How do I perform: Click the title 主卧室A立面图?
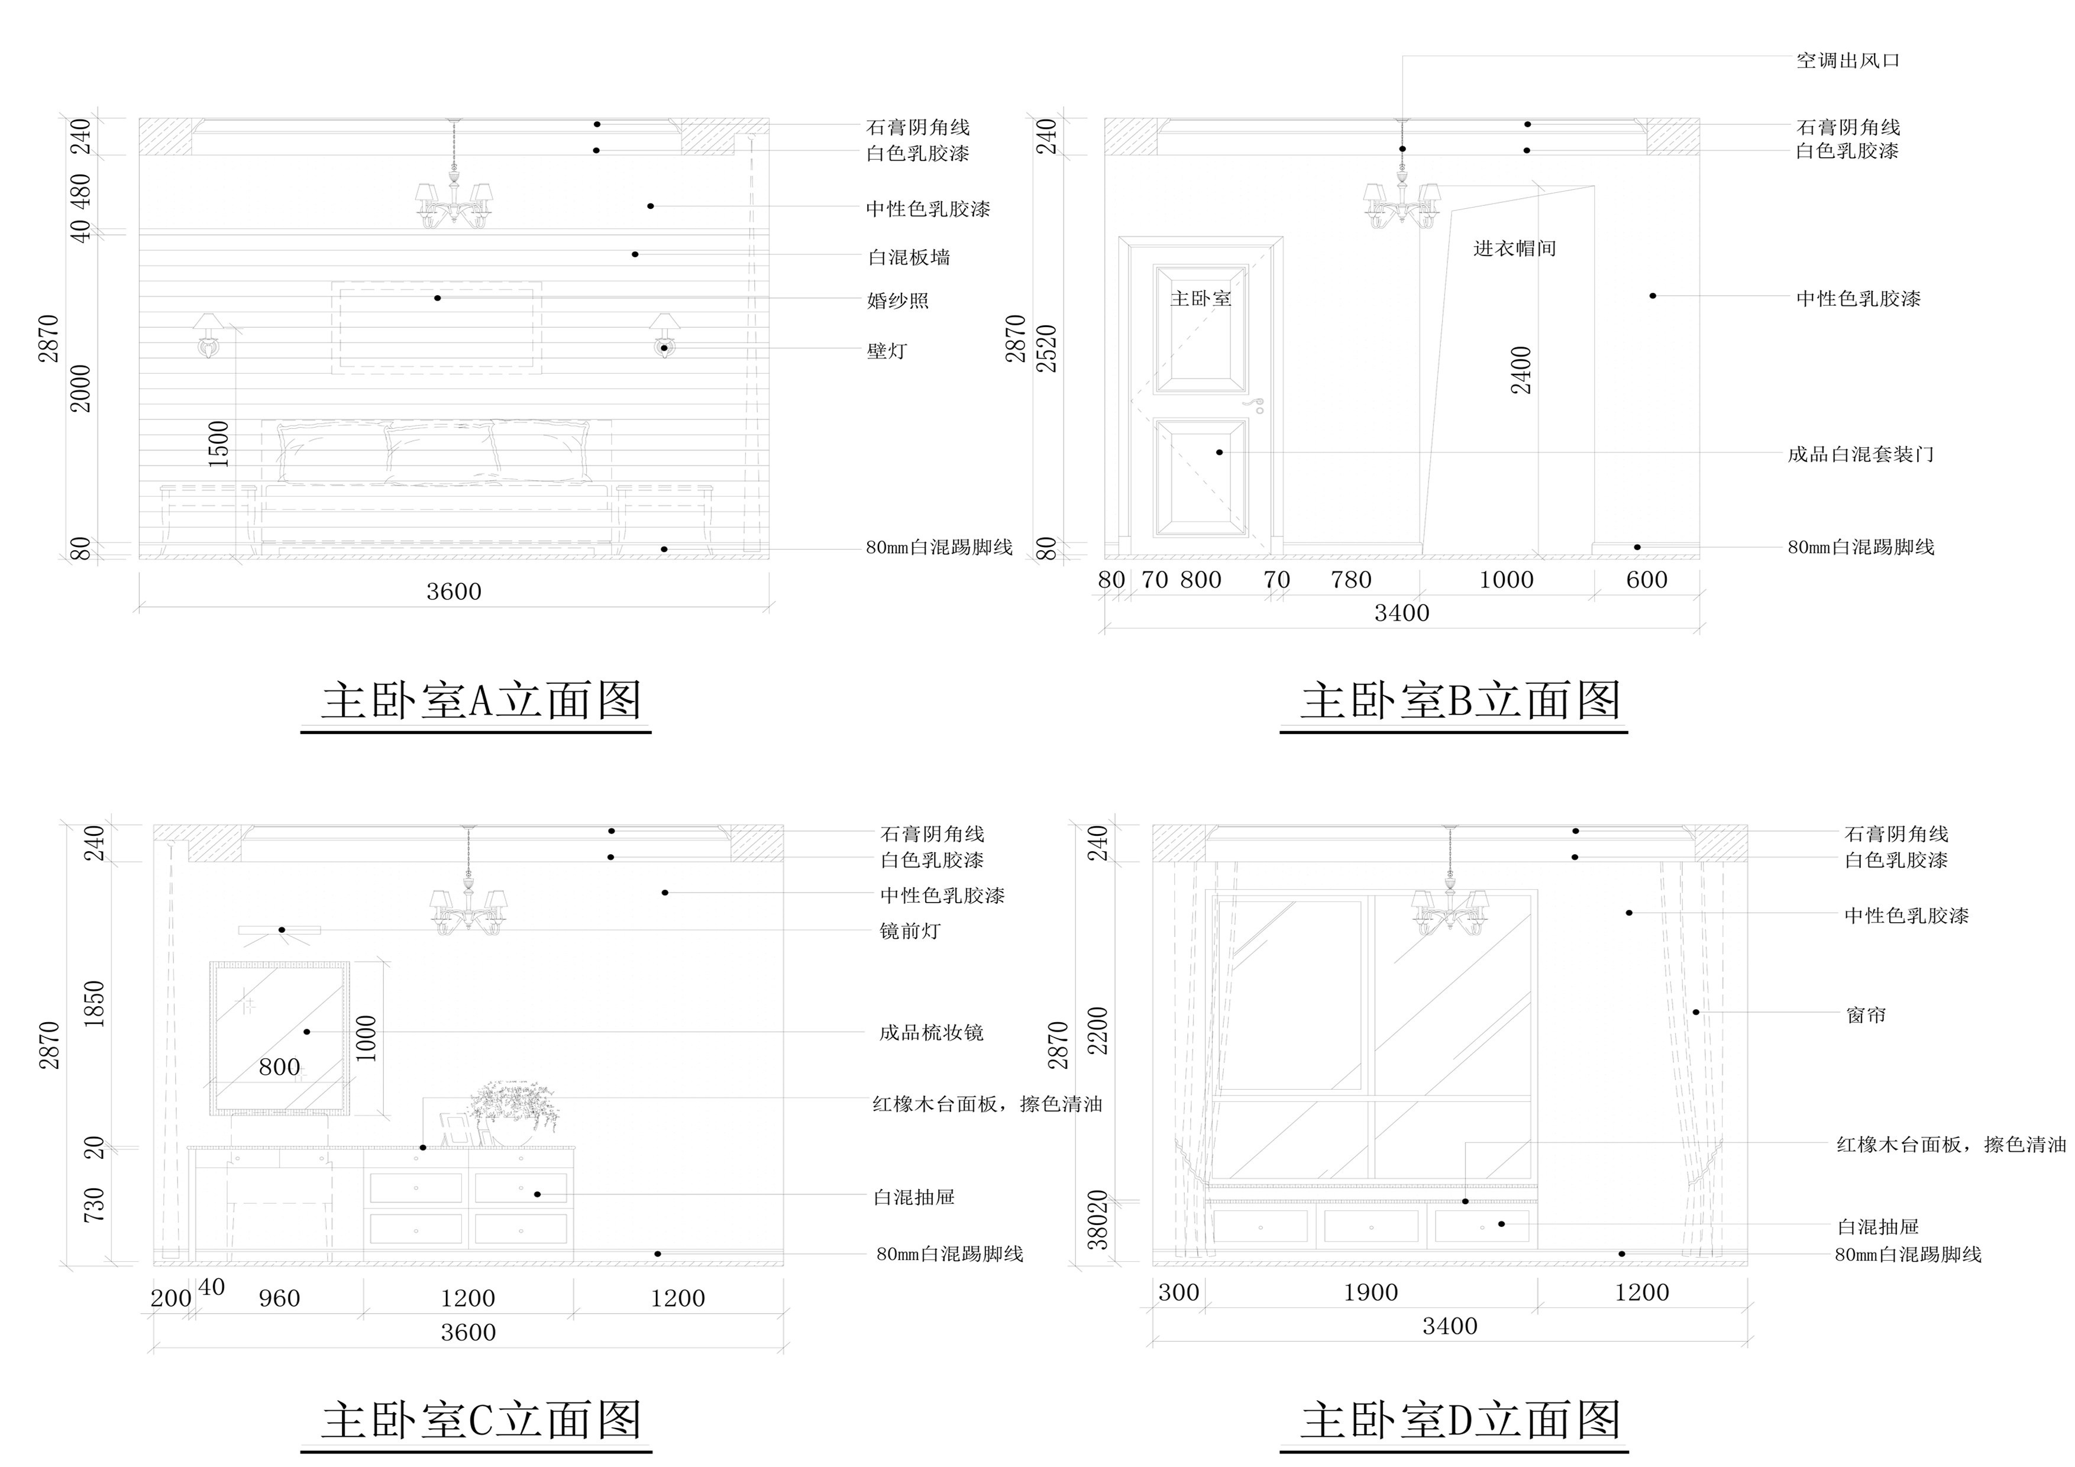coord(481,702)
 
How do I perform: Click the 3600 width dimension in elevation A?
coord(454,592)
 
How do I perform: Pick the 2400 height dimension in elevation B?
coord(1522,370)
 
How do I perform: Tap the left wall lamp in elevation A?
coord(208,334)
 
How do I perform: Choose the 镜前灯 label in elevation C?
coord(910,931)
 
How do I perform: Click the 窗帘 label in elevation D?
coord(1866,1015)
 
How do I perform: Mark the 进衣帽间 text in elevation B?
coord(1515,248)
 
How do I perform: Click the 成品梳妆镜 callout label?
coord(931,1032)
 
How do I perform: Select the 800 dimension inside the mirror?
coord(279,1068)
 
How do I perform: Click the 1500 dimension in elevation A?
coord(219,443)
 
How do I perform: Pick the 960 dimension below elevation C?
coord(279,1299)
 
